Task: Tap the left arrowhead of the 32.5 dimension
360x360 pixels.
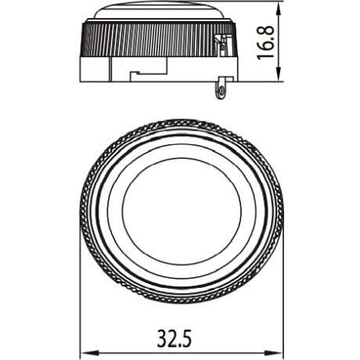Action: coord(84,351)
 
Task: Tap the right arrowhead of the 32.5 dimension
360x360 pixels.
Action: coord(279,351)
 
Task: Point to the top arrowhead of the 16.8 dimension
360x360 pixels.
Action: coord(279,5)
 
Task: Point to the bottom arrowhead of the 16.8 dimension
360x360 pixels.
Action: coord(279,78)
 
